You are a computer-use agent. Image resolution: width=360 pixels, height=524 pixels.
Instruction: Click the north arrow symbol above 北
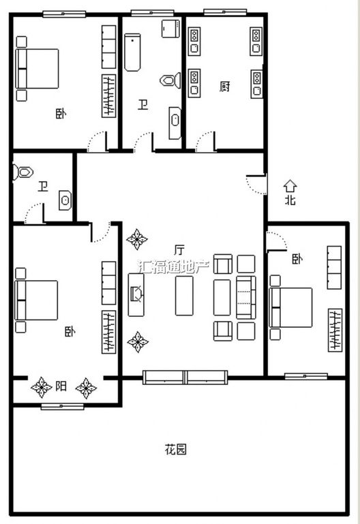[290, 186]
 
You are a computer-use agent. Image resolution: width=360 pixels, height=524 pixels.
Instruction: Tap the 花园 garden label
[176, 449]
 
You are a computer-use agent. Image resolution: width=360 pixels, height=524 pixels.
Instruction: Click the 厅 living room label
[179, 249]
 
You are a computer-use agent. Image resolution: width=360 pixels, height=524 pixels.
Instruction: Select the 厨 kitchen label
[225, 87]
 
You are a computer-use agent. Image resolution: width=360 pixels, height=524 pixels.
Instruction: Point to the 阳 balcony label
[61, 386]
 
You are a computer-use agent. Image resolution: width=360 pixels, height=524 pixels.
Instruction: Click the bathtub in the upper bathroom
[132, 52]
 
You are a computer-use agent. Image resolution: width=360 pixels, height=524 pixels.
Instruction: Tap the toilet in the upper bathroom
[170, 80]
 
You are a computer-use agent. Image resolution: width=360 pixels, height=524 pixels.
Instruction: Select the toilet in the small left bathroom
[23, 172]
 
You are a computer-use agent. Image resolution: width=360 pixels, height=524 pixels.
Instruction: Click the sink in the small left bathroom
[65, 200]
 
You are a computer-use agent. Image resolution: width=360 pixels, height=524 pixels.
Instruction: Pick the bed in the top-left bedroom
[37, 69]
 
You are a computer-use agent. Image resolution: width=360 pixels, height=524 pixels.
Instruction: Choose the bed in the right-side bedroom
[290, 307]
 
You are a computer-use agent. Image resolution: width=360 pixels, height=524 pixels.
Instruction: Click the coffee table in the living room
[184, 296]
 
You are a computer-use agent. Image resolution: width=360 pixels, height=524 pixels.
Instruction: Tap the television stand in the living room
[136, 295]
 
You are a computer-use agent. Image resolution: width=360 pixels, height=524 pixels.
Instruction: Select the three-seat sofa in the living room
[246, 297]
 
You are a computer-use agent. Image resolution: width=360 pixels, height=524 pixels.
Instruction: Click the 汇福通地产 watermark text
[173, 266]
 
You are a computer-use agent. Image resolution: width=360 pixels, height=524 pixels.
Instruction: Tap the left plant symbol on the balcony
[42, 387]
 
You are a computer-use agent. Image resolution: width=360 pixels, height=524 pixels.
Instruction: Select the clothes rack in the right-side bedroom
[335, 330]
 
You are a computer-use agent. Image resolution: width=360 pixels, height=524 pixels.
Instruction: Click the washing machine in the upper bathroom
[170, 29]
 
